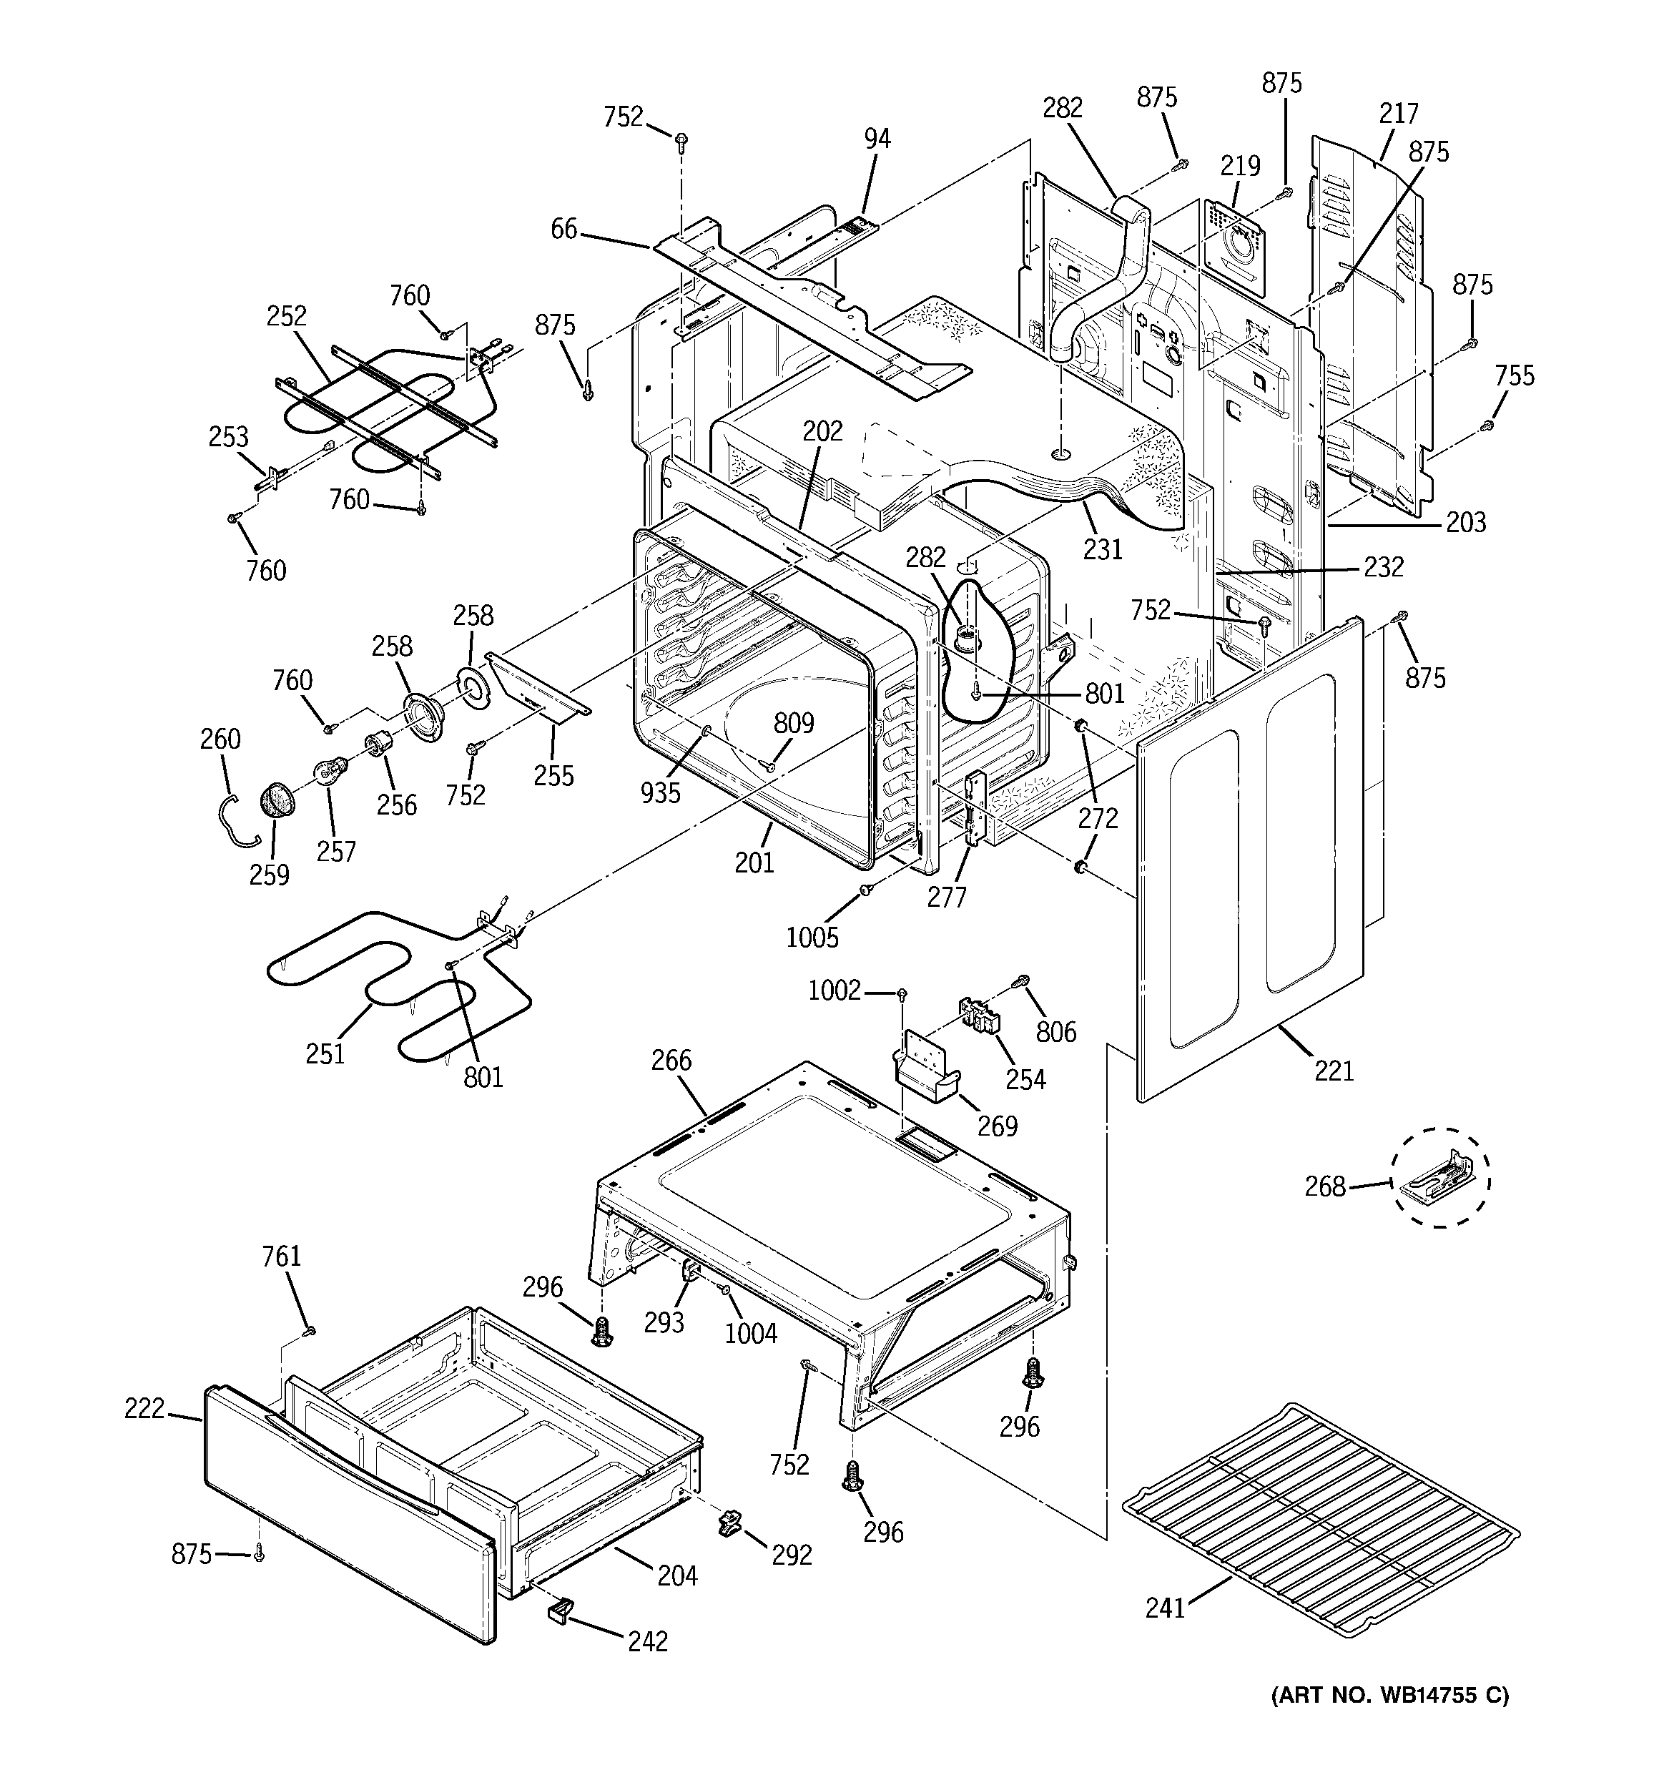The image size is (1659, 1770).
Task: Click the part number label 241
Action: click(x=1166, y=1608)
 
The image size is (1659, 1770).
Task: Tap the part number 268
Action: click(x=1325, y=1187)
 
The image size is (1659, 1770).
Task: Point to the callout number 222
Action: click(x=145, y=1409)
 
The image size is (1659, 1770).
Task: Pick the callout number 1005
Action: click(x=812, y=937)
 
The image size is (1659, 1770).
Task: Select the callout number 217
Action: click(x=1398, y=114)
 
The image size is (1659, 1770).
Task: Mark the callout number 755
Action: click(x=1515, y=375)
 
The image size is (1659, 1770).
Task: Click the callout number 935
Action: click(x=660, y=792)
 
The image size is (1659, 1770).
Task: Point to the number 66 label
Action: click(x=563, y=229)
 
